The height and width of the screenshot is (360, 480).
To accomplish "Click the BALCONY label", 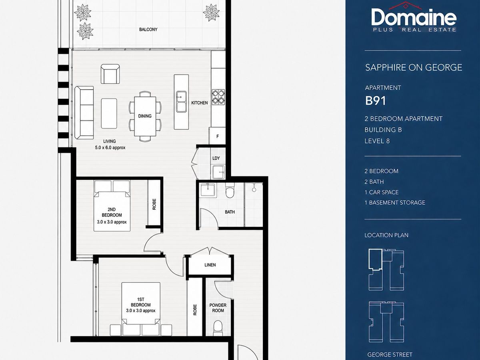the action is (x=148, y=29).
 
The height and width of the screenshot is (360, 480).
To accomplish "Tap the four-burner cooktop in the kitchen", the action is (x=218, y=97).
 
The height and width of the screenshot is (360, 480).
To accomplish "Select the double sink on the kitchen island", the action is (x=182, y=102).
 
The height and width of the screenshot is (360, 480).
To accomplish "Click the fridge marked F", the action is (x=217, y=136).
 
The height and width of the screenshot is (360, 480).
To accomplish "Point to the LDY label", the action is (x=216, y=158).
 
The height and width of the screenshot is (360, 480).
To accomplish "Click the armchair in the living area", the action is (x=110, y=74).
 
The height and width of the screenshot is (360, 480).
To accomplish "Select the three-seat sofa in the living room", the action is (x=84, y=112).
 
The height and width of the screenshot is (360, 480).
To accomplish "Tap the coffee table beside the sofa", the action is (x=109, y=114).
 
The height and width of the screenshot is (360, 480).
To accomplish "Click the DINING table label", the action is (x=145, y=116).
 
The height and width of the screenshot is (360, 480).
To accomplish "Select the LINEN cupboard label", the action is (x=210, y=265).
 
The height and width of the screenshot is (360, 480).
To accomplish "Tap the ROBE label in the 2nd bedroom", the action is (x=154, y=204).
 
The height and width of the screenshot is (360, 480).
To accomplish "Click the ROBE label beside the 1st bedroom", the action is (x=195, y=310).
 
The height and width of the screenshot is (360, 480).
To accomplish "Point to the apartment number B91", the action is (x=376, y=101).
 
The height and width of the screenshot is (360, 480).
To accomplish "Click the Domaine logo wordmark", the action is (x=414, y=18).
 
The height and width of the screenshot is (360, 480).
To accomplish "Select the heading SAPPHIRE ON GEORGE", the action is (x=414, y=67).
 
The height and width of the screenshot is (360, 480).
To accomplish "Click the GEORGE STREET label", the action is (x=390, y=354).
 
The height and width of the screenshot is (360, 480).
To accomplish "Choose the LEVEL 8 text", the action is (x=377, y=141).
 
